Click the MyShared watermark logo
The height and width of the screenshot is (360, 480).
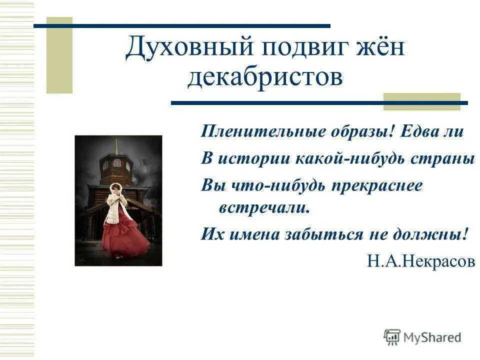tap(422, 337)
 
